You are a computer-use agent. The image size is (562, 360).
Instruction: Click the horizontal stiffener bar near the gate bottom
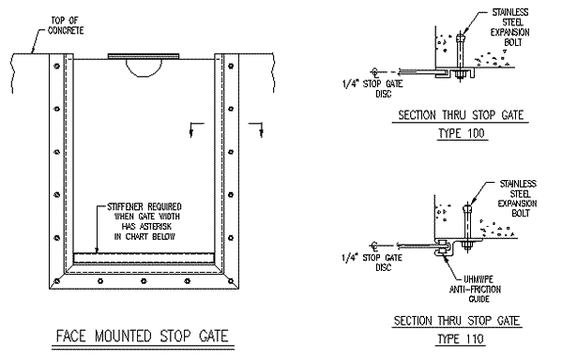click(145, 255)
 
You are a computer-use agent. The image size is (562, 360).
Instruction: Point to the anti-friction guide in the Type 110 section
click(440, 251)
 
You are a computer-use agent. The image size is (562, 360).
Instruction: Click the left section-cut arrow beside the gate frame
click(193, 128)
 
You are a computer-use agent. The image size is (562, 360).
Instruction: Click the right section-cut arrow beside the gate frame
click(255, 128)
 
